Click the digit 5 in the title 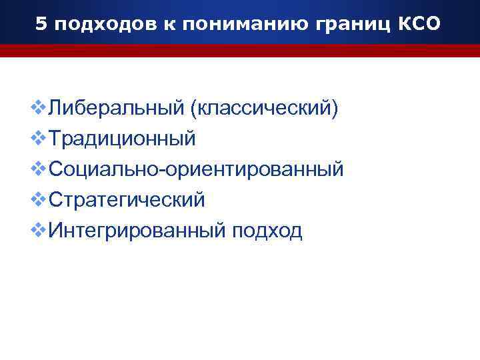pyautogui.click(x=41, y=25)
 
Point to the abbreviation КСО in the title pyautogui.click(x=417, y=25)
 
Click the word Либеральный pyautogui.click(x=117, y=108)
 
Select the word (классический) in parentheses pyautogui.click(x=265, y=108)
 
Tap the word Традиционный pyautogui.click(x=123, y=139)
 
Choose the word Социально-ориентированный pyautogui.click(x=197, y=169)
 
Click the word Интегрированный pyautogui.click(x=137, y=231)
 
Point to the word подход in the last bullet pyautogui.click(x=267, y=231)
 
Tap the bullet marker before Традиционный pyautogui.click(x=39, y=138)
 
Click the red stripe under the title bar pyautogui.click(x=240, y=51)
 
